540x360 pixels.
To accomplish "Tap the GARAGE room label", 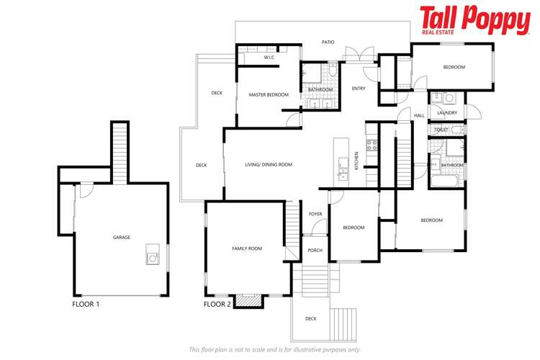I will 121,237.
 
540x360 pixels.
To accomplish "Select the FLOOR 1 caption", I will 86,304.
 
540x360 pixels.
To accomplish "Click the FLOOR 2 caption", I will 217,304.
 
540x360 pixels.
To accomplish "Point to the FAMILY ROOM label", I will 247,248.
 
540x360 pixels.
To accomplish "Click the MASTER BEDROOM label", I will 269,95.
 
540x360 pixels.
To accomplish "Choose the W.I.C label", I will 269,57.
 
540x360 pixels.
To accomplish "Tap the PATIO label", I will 328,42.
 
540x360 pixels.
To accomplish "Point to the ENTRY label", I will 359,89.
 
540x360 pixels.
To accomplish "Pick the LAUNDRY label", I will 447,113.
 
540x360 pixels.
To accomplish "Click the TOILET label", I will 441,130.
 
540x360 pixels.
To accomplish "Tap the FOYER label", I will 315,214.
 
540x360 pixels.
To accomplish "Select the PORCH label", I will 315,251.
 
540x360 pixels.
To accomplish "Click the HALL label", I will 419,115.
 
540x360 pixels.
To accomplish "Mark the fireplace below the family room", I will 248,301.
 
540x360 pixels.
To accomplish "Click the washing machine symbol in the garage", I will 153,253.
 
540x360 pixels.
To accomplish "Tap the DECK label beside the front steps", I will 310,318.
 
